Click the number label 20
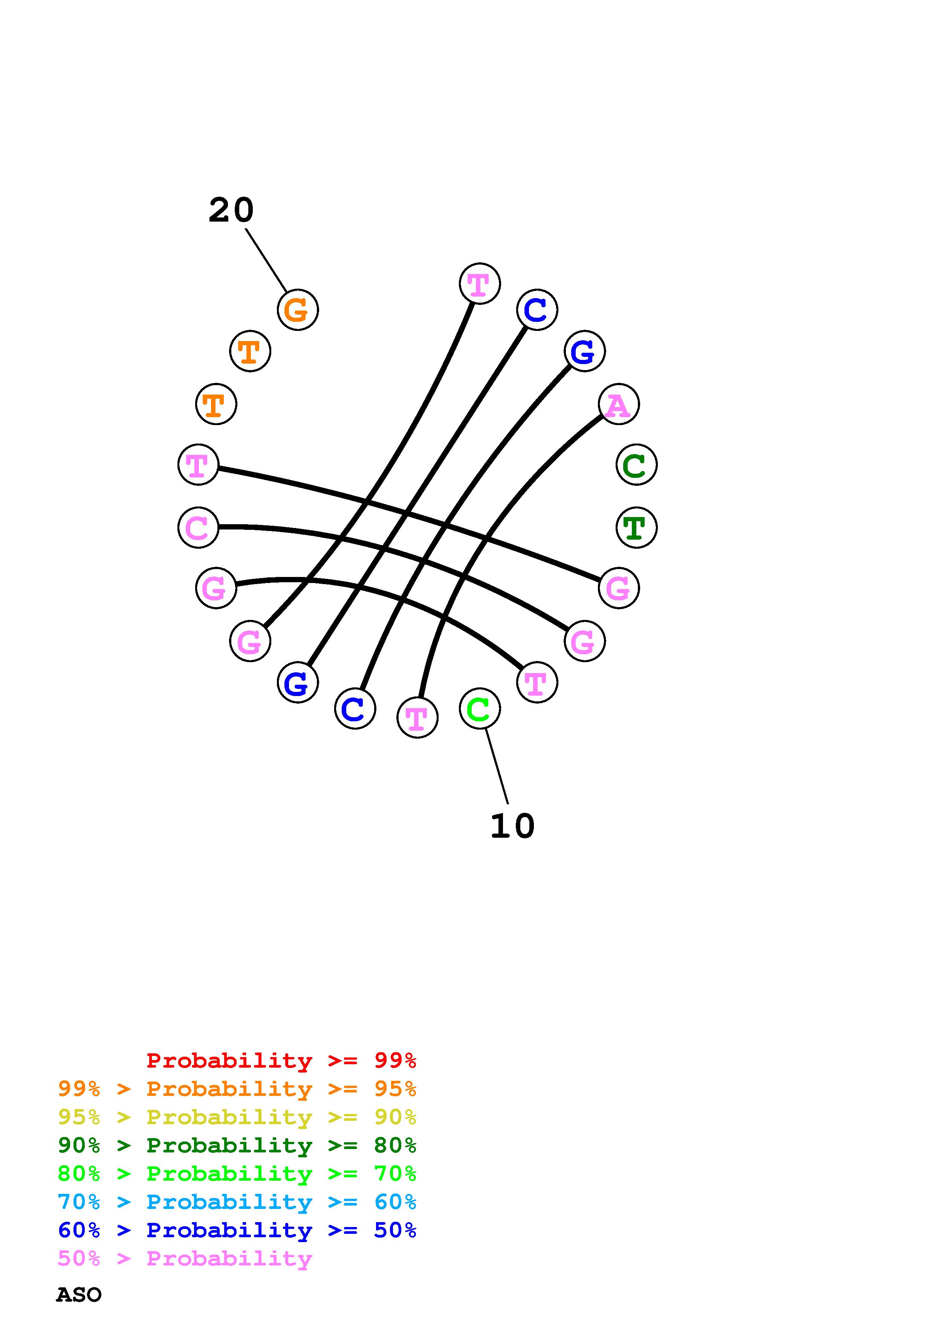(x=231, y=210)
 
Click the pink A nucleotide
(x=619, y=405)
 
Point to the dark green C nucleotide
(x=636, y=465)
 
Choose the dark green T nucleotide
(x=636, y=528)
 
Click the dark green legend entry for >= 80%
(x=237, y=1146)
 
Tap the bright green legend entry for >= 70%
(x=237, y=1174)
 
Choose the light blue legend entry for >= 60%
(x=237, y=1202)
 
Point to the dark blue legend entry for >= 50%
(x=237, y=1230)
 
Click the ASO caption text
(x=79, y=1295)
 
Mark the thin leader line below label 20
(x=266, y=260)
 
